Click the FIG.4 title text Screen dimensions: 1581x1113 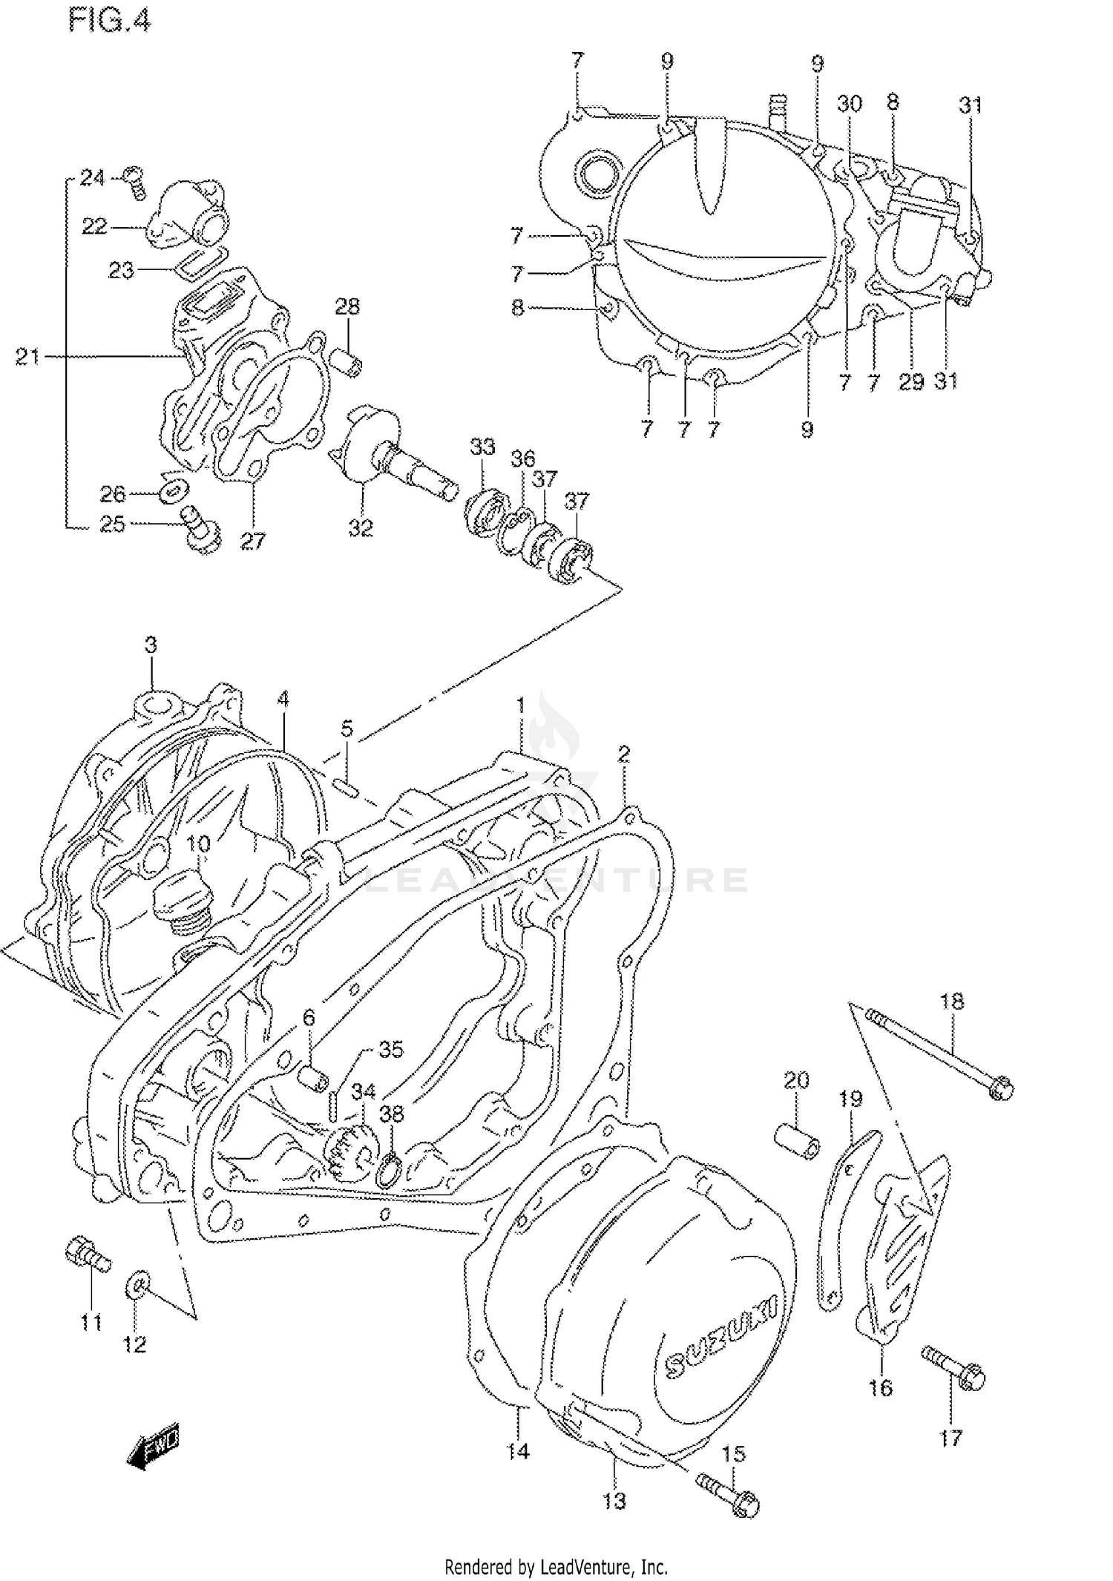(x=109, y=21)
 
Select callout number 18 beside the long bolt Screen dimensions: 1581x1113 (x=952, y=1002)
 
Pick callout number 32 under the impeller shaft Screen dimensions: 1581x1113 (x=361, y=528)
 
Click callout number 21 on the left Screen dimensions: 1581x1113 (x=27, y=358)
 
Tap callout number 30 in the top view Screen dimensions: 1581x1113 (x=850, y=103)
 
